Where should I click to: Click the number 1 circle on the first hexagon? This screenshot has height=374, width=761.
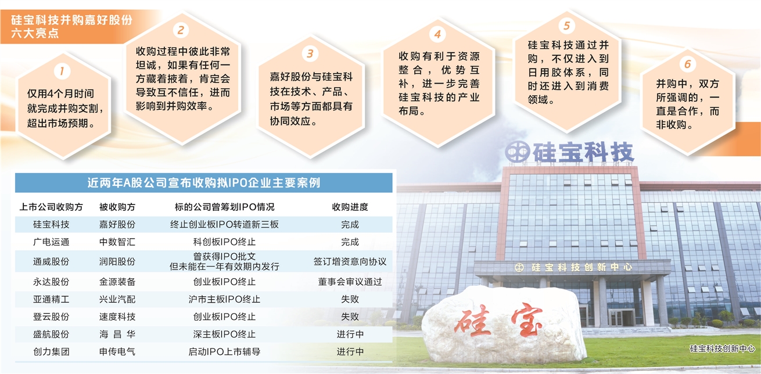tap(62, 71)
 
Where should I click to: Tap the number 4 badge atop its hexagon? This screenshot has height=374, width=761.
tap(437, 34)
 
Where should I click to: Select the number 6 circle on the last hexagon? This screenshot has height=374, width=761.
tap(688, 64)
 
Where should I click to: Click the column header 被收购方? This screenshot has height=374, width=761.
tap(117, 207)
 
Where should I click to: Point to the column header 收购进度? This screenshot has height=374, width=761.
tap(350, 207)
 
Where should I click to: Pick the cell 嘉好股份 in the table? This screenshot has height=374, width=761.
tap(117, 225)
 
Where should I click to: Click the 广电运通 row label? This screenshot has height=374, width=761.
tap(51, 242)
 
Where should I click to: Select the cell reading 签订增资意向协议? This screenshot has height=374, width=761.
tap(350, 261)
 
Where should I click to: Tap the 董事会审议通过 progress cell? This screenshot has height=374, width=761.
tap(350, 282)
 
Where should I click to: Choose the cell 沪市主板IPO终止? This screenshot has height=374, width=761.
tap(224, 299)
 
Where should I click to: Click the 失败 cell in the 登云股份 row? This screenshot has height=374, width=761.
tap(350, 317)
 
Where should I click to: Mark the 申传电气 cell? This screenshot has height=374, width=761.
tap(117, 351)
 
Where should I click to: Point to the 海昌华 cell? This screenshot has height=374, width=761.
tap(117, 335)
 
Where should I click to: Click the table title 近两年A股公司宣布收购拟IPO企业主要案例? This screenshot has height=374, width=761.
tap(203, 183)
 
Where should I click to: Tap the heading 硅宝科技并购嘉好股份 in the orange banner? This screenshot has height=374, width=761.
tap(71, 20)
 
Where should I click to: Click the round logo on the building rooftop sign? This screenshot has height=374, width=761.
tap(517, 152)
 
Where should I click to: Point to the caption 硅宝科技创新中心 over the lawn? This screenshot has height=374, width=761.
tap(722, 348)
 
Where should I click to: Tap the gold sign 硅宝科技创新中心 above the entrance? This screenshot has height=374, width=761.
tap(573, 267)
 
